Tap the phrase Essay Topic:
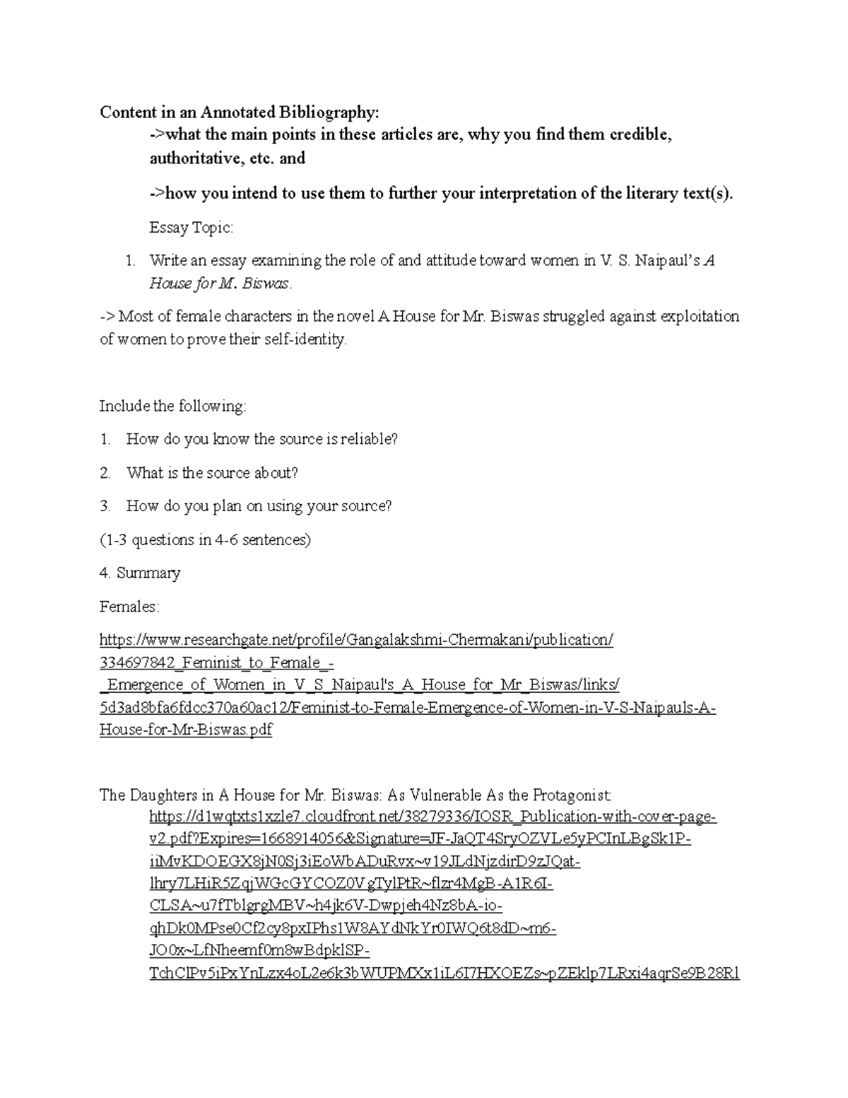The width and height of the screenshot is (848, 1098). pos(191,228)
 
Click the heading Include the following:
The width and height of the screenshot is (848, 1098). pos(172,406)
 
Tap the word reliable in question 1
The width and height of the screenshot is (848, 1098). pos(368,439)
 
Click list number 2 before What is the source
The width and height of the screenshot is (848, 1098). pos(105,473)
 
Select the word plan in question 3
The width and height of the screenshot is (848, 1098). pos(227,506)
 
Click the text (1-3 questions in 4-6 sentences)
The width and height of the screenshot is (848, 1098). pos(205,540)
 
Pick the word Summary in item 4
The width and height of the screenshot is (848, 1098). pos(148,573)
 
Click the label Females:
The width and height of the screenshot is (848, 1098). pos(129,607)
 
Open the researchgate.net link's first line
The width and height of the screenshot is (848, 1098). pos(356,640)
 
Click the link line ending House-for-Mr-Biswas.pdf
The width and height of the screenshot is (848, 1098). pos(185,730)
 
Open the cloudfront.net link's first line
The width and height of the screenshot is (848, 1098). pos(432,817)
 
